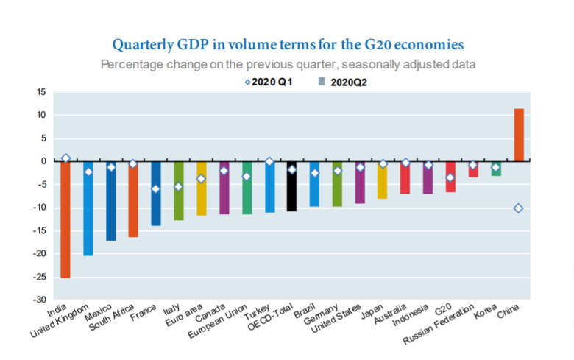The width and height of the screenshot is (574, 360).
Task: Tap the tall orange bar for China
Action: click(x=519, y=135)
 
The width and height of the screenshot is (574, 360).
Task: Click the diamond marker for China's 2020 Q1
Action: click(x=518, y=208)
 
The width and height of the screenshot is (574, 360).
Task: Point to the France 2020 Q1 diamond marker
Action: click(x=155, y=189)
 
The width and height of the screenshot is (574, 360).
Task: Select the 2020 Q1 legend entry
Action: click(x=268, y=83)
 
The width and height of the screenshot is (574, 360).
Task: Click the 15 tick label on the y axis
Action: click(x=40, y=92)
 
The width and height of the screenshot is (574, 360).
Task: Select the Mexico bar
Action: click(x=110, y=200)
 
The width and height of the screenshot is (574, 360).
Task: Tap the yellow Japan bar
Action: click(x=383, y=180)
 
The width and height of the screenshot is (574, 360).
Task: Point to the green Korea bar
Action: click(x=496, y=169)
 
